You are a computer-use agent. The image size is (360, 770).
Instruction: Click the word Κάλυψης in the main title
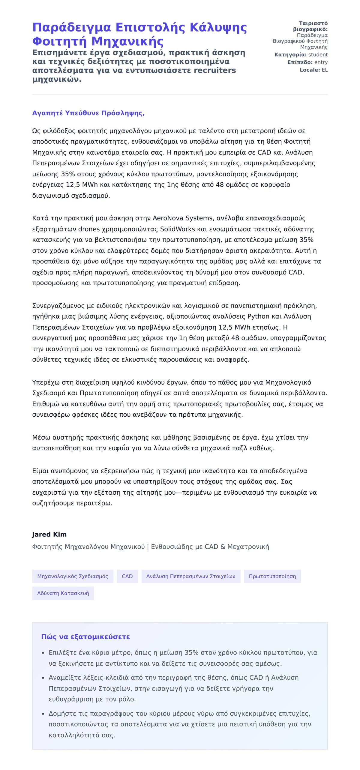pos(218,27)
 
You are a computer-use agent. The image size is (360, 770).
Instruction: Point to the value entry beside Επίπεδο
pos(321,62)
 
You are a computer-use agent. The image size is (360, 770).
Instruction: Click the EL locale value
pos(325,70)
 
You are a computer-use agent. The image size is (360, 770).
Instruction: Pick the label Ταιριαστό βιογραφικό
pos(310,26)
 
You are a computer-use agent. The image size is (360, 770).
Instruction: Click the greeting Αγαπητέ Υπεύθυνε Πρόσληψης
pos(88,113)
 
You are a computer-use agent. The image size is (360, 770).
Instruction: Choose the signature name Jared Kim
pos(49,534)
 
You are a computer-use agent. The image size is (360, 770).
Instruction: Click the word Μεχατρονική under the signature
pos(248,547)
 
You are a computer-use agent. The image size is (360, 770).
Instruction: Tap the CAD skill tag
pos(127,576)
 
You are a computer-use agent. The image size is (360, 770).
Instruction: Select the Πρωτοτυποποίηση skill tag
pos(272,576)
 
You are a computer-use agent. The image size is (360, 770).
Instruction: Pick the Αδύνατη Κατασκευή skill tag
pos(63,593)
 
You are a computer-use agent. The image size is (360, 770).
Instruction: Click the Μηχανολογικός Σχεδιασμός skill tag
pos(73,576)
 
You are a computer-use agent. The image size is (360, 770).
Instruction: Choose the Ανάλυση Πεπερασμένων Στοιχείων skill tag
pos(191,576)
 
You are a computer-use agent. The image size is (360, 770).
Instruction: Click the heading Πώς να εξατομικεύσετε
pos(85,637)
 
